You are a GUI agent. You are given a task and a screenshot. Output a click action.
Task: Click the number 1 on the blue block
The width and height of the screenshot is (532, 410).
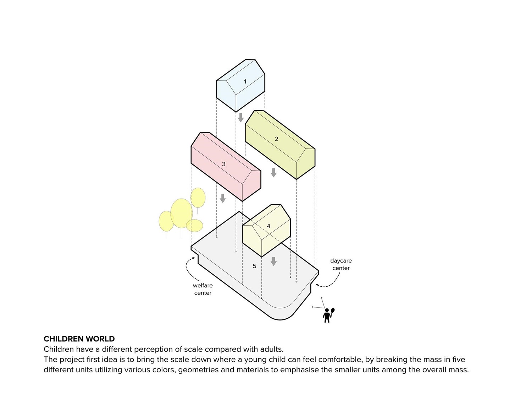coord(245,81)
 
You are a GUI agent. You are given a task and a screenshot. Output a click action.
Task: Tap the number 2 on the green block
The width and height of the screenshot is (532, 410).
coord(276,139)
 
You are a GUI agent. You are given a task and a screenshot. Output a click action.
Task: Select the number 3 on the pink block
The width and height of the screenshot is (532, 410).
coord(223,164)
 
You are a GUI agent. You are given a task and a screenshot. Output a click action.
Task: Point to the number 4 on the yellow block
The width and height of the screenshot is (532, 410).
coord(268,226)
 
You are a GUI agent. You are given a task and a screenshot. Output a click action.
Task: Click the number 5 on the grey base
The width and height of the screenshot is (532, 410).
coord(254,266)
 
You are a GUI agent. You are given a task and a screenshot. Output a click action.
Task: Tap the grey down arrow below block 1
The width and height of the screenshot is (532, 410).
coord(241,118)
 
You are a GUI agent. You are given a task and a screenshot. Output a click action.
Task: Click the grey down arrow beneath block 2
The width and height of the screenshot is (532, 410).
coord(273,173)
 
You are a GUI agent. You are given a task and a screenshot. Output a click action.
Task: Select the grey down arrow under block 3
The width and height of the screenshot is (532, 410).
coord(222,198)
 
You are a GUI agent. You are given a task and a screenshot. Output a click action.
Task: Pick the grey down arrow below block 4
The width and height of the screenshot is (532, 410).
coord(273,261)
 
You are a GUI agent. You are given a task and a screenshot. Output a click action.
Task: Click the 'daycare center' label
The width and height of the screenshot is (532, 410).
coord(341,264)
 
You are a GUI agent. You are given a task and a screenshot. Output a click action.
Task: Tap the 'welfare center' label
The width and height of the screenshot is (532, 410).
coord(203,289)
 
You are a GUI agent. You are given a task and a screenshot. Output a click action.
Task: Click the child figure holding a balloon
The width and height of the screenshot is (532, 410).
coord(328,315)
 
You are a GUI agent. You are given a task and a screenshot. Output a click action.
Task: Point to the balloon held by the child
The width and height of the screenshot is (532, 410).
coord(333,311)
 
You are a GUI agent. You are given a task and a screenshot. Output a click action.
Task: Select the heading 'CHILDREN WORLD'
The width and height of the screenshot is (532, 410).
coord(79,339)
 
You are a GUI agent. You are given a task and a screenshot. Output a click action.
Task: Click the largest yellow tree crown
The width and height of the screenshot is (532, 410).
coord(182,213)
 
